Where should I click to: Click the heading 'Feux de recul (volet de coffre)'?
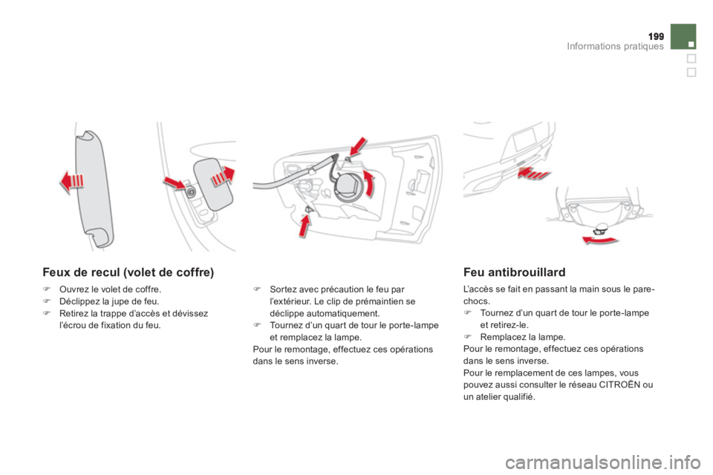click(x=128, y=272)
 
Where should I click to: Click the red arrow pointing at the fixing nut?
click(x=176, y=182)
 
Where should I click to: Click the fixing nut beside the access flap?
click(x=192, y=191)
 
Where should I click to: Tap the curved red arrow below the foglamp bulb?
click(x=599, y=238)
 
